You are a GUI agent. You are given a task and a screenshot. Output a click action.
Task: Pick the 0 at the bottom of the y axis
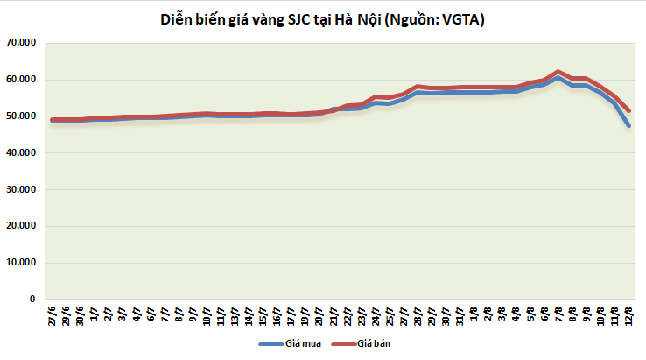click(x=32, y=299)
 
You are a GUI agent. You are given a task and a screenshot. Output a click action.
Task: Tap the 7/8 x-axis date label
click(x=558, y=314)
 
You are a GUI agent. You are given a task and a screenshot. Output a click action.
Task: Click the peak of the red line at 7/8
click(x=558, y=72)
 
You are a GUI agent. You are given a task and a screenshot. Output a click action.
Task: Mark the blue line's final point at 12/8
click(x=628, y=125)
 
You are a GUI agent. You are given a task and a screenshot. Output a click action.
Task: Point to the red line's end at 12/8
click(x=628, y=110)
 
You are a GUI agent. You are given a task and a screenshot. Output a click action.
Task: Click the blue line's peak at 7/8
click(x=558, y=78)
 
